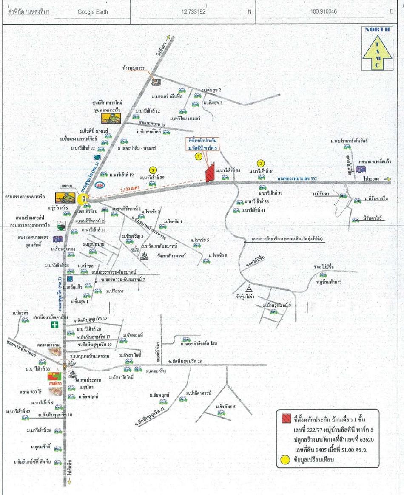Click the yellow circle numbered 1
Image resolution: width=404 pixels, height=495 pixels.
[198, 156]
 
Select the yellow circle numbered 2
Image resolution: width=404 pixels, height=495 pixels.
[261, 163]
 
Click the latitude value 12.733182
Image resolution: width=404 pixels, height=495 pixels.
[193, 12]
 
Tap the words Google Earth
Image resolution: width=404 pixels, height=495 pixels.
[93, 12]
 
